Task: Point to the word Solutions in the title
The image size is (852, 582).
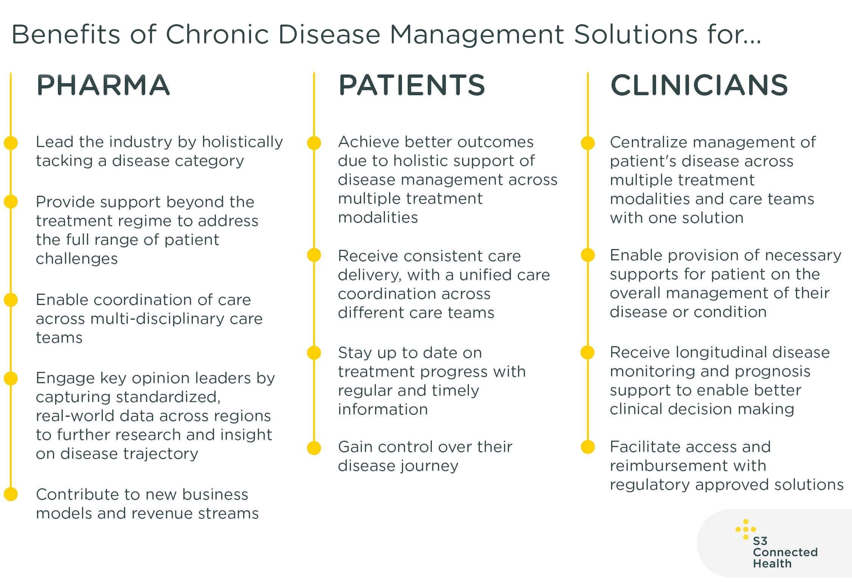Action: [x=635, y=34]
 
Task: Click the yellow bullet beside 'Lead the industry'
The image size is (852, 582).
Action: [x=11, y=142]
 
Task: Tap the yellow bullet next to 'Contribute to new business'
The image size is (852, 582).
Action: [x=11, y=494]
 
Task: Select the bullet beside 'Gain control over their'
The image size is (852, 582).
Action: [x=314, y=447]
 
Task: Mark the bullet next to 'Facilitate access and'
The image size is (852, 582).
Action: [x=588, y=447]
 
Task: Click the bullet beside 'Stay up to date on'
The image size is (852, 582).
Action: [x=314, y=353]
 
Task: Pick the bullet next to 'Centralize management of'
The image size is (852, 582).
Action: [x=588, y=142]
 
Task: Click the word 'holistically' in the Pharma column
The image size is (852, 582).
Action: [x=242, y=142]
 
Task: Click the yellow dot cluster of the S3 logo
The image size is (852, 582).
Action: [x=745, y=529]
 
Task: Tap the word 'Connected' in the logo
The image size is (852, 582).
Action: [x=785, y=552]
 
